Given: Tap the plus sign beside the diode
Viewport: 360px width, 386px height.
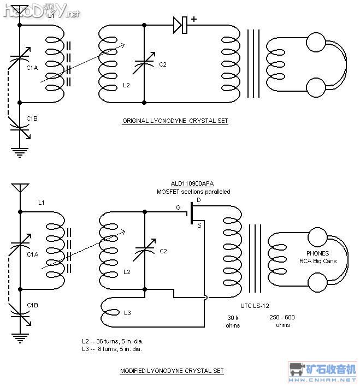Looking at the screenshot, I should click(x=194, y=19).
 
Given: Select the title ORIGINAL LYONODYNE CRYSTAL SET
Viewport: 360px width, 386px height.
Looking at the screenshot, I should click(x=175, y=121).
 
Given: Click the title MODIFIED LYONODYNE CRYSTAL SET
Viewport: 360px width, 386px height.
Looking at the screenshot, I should click(x=172, y=371).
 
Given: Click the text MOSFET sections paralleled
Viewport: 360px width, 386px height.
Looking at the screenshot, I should click(x=193, y=192).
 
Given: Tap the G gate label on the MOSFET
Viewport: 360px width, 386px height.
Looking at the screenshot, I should click(x=178, y=207).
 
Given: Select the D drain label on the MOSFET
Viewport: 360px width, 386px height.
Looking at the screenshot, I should click(x=198, y=200).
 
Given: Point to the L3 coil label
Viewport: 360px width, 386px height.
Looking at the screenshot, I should click(x=127, y=313).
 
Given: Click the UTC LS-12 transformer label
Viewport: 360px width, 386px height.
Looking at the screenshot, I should click(x=255, y=306).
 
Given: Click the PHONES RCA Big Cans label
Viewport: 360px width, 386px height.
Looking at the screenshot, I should click(x=318, y=257).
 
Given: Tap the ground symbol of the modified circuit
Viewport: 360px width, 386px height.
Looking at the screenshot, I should click(x=20, y=339).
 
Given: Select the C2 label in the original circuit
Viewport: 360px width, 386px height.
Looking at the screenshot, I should click(x=163, y=65).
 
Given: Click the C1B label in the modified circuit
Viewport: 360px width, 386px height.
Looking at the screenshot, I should click(x=32, y=305).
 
